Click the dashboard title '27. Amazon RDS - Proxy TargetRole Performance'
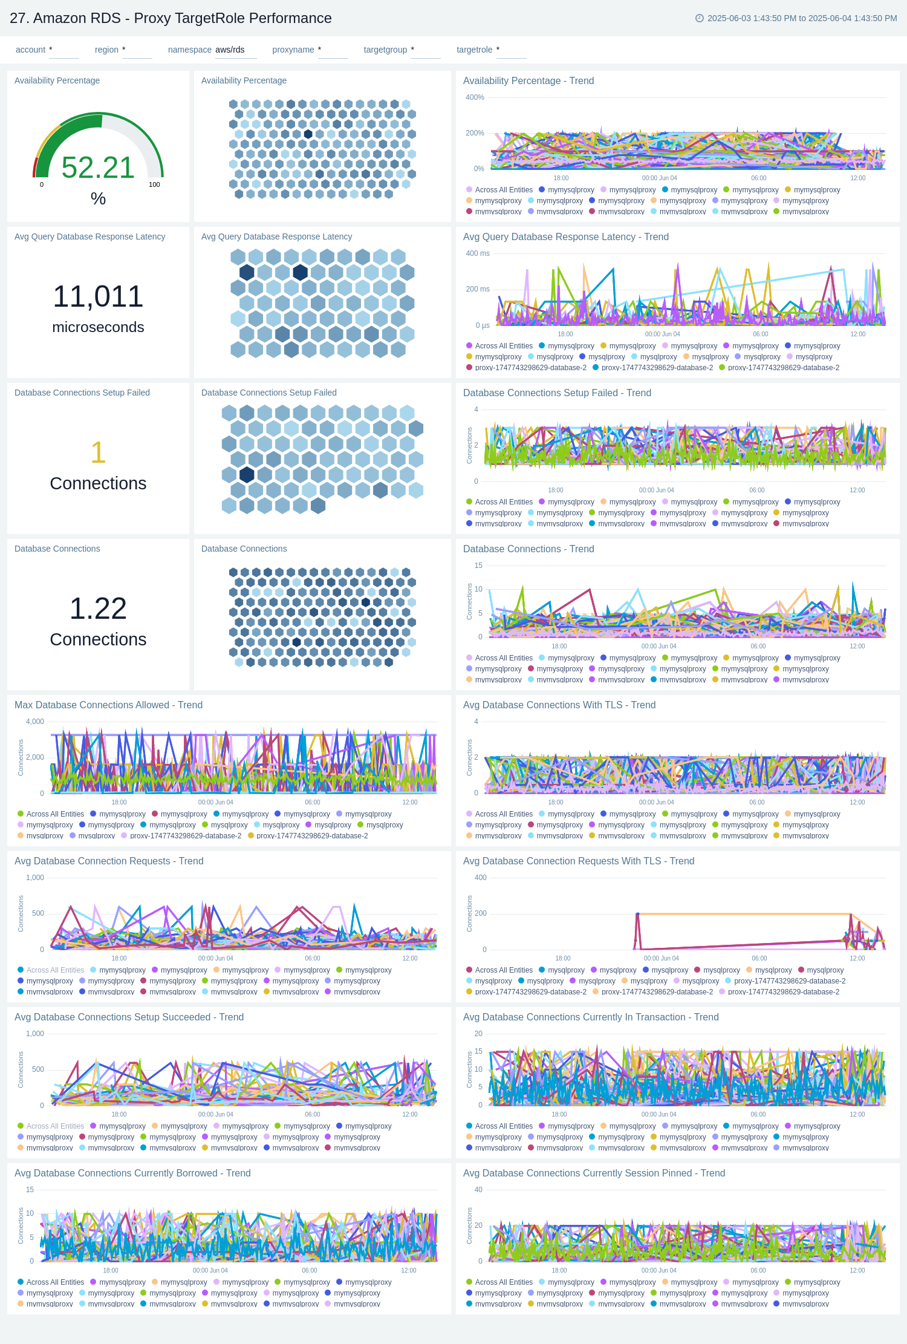(x=171, y=18)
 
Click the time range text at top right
(x=801, y=18)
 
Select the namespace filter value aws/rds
(x=230, y=50)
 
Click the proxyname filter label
(x=293, y=50)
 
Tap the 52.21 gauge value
(x=98, y=168)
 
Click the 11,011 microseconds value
(x=98, y=296)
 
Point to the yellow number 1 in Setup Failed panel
(x=98, y=452)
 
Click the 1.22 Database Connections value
(x=98, y=608)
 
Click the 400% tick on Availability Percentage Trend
(x=475, y=97)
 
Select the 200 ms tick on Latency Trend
(x=477, y=289)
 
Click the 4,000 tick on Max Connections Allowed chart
(x=35, y=722)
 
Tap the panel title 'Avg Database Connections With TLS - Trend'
(x=559, y=705)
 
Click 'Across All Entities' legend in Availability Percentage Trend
(x=503, y=190)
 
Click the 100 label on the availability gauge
(x=154, y=184)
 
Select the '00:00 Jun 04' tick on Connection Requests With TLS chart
(x=661, y=958)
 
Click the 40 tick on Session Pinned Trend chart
(x=478, y=1190)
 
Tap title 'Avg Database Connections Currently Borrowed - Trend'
(x=132, y=1173)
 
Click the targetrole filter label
(x=474, y=50)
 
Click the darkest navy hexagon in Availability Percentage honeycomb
(x=308, y=134)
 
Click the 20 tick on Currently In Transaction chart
(x=478, y=1034)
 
